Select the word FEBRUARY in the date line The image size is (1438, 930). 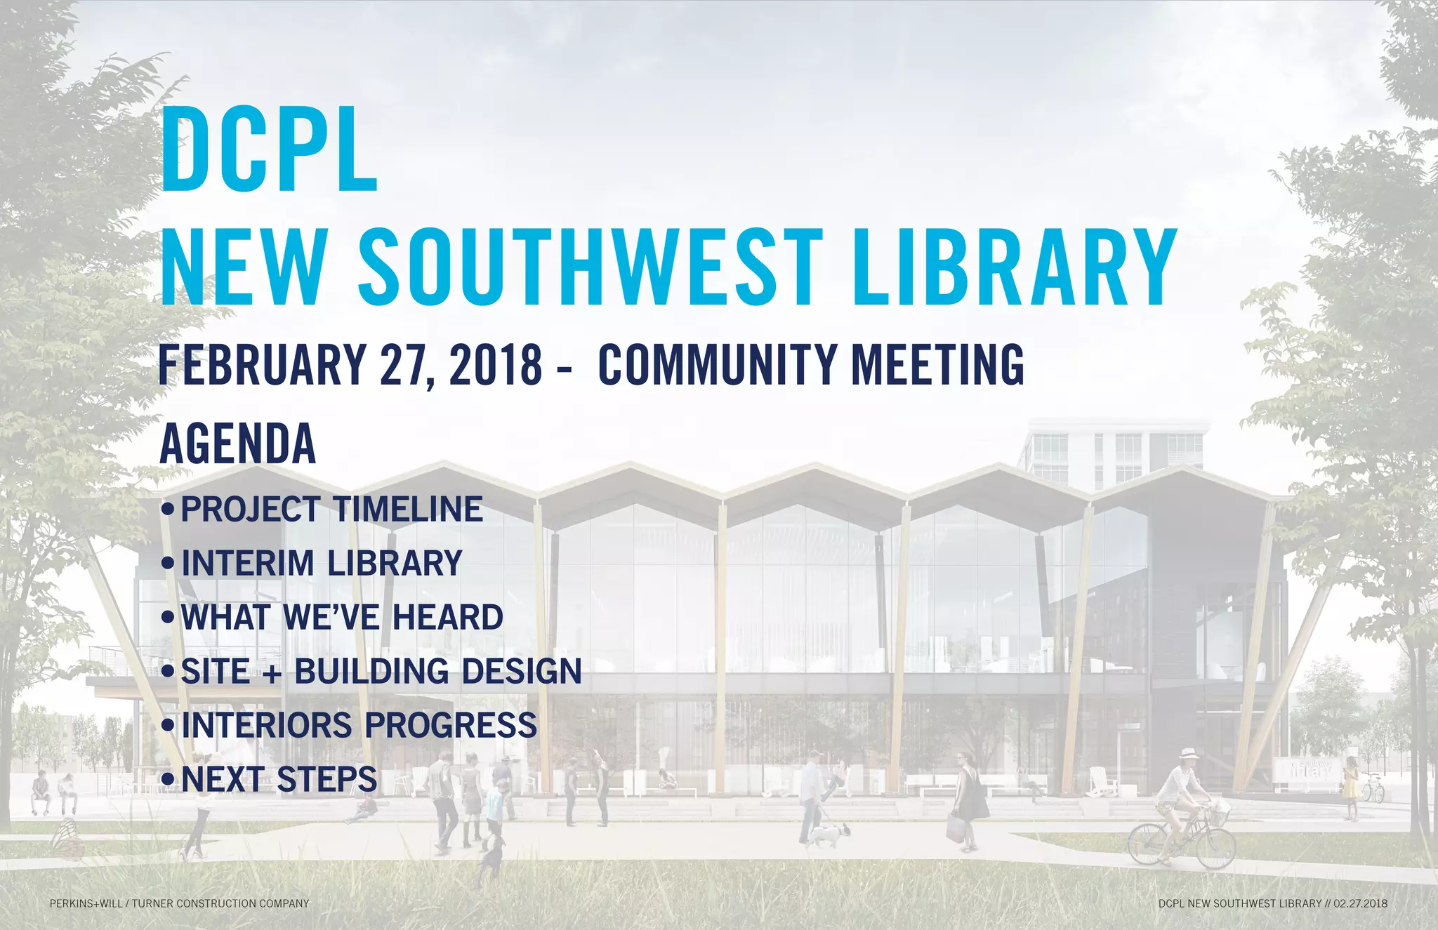(x=262, y=365)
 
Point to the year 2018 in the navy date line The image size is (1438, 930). (x=495, y=365)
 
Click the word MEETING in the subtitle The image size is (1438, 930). (x=937, y=365)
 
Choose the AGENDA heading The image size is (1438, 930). (x=238, y=444)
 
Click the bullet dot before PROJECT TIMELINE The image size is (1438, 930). (x=167, y=509)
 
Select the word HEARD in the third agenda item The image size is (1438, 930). (x=447, y=618)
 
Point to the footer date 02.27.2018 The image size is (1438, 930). (x=1360, y=903)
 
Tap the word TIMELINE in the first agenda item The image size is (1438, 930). (x=407, y=510)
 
